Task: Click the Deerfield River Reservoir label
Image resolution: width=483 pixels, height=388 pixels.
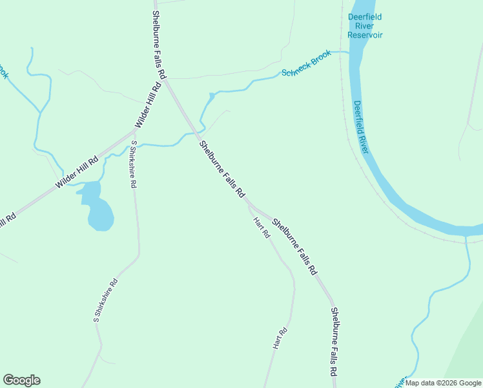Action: click(365, 26)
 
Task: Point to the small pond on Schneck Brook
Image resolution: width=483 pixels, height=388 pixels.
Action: click(211, 97)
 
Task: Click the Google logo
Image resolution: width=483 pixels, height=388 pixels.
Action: click(21, 380)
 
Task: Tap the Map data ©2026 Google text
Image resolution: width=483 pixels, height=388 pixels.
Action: click(443, 383)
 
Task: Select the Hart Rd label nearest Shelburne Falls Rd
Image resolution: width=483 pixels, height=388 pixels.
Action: click(262, 228)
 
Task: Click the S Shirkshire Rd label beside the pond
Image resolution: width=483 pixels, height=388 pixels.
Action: click(134, 164)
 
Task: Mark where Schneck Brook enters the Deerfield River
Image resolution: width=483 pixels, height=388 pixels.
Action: click(349, 52)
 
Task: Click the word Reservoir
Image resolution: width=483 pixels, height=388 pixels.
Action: click(365, 34)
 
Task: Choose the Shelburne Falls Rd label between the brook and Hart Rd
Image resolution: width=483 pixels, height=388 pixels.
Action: click(222, 169)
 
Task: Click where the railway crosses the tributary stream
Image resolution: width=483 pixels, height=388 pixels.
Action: click(466, 240)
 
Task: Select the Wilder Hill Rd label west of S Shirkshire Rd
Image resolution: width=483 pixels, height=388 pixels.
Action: click(76, 173)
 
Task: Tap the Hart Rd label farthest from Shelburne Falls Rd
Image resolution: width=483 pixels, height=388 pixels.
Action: click(280, 339)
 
